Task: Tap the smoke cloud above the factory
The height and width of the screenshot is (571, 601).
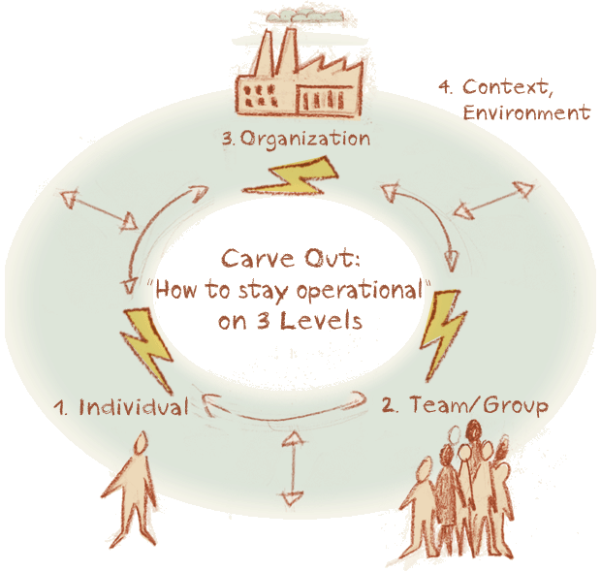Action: pos(305,15)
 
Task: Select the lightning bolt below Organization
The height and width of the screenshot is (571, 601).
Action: pos(292,175)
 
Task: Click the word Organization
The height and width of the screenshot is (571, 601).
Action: pos(305,139)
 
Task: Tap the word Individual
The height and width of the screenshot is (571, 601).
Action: pos(134,407)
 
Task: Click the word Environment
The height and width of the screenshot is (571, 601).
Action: pos(526,112)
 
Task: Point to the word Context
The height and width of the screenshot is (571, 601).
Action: pos(508,87)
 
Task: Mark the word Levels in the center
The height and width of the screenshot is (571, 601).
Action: pos(321,321)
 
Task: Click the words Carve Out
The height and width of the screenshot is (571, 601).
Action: pos(291,259)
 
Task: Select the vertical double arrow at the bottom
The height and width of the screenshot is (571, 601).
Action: pos(293,468)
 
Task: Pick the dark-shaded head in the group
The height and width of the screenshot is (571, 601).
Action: pos(474,432)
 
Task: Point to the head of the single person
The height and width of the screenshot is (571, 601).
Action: pos(141,443)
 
